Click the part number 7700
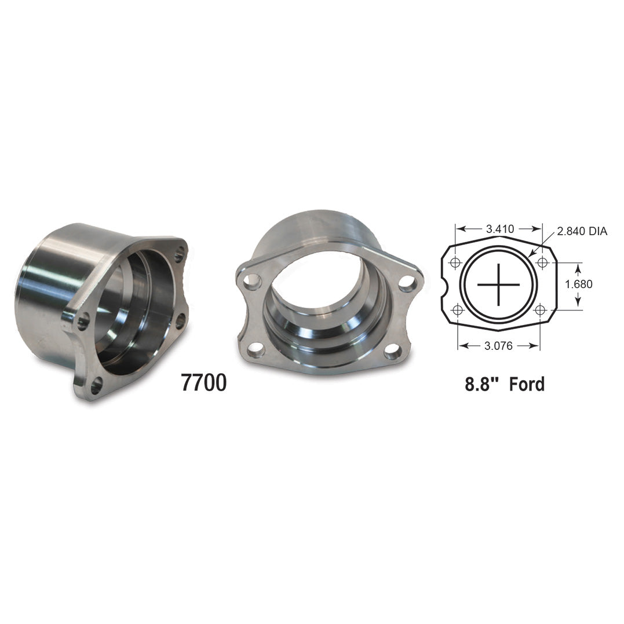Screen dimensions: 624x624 (203, 383)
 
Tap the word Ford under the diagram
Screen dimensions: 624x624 (527, 384)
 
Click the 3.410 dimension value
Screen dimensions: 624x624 (500, 229)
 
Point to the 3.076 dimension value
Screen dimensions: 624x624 (499, 346)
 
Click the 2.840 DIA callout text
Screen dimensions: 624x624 (582, 232)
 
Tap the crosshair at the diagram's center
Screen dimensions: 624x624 (499, 284)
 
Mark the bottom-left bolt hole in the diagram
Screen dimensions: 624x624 (458, 311)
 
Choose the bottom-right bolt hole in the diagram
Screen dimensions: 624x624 (540, 311)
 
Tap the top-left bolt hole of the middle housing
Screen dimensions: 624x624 (252, 282)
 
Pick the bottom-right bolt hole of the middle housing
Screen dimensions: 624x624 (393, 350)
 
